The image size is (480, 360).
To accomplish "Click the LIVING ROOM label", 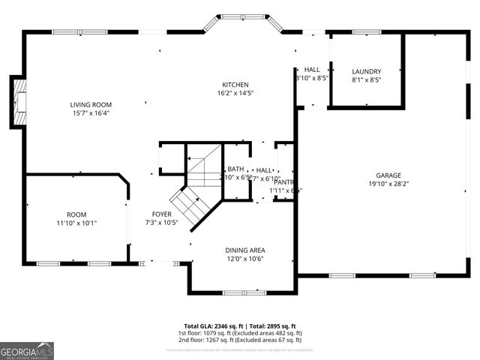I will [x=91, y=104].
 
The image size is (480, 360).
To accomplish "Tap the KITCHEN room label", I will [x=235, y=85].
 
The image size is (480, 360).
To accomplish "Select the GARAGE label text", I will [x=388, y=175].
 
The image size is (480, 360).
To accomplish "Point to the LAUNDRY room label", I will [x=366, y=71].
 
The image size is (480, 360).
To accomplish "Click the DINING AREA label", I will [x=245, y=250].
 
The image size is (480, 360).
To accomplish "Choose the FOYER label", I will [x=161, y=214].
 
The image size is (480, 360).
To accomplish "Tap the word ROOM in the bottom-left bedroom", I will [x=76, y=214].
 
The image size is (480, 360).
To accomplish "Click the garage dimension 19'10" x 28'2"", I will [x=388, y=184].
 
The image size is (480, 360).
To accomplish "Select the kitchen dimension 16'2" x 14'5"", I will [x=235, y=94].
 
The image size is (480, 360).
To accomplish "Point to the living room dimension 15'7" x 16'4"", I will [x=91, y=113].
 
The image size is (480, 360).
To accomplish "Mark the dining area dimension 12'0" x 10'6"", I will [x=245, y=259].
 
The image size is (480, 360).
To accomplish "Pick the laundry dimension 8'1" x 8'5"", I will [x=366, y=80].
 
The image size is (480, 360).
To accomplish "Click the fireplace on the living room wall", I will [x=19, y=101].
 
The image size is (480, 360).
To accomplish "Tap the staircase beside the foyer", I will [x=193, y=187].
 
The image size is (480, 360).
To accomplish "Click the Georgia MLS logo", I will [x=27, y=350].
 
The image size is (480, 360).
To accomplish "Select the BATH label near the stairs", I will [x=235, y=169].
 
